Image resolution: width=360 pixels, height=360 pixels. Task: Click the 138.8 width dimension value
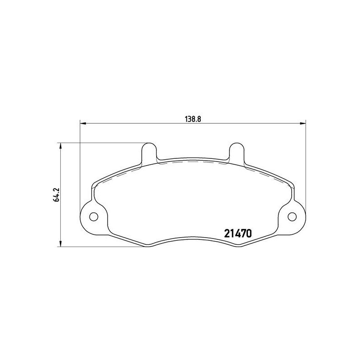click(193, 119)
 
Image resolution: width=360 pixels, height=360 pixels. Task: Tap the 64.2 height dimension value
click(56, 194)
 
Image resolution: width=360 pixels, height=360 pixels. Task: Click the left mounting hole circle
click(94, 216)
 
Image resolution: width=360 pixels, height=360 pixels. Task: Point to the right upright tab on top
click(236, 152)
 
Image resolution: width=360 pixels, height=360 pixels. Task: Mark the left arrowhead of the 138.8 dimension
click(82, 122)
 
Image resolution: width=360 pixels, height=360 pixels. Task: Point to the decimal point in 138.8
click(195, 121)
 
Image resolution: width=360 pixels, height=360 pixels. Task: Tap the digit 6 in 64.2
click(56, 200)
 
